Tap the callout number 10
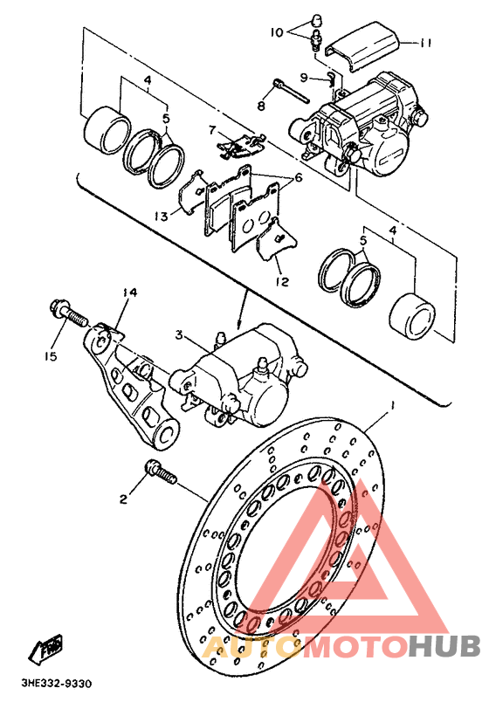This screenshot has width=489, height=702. point(277,32)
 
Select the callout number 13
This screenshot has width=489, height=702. point(162,217)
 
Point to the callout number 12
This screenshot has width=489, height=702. point(282,282)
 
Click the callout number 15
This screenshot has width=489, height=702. point(51,356)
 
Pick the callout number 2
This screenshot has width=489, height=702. point(123,499)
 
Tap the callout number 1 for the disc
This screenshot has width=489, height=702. point(392,407)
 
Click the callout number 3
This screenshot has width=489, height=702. point(179,334)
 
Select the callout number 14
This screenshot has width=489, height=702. point(131,292)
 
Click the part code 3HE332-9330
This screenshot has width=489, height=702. point(57,684)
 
